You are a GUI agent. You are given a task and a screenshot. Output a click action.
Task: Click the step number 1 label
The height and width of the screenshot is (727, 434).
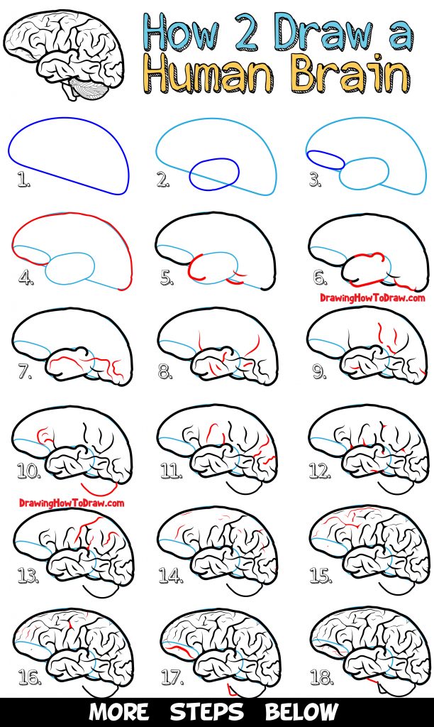[x=23, y=182]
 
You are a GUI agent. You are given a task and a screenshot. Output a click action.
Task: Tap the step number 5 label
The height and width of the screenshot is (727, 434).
[x=167, y=278]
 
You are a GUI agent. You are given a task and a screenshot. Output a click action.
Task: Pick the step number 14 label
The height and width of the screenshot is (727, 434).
[x=171, y=576]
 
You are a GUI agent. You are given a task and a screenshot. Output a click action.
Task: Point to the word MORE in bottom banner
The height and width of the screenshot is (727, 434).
[x=119, y=711]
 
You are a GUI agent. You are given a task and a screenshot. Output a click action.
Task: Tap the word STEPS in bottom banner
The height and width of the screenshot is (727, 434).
[x=206, y=711]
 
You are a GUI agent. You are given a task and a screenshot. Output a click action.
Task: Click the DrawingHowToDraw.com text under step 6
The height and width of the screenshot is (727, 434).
[x=372, y=298]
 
